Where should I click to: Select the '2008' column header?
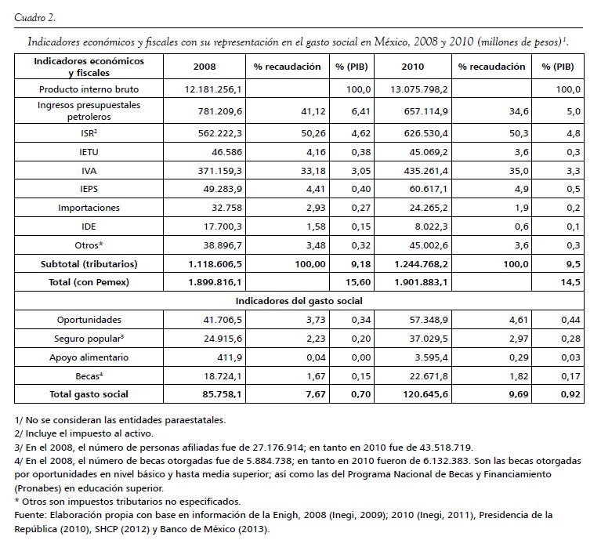point(205,67)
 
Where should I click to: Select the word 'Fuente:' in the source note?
point(31,515)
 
